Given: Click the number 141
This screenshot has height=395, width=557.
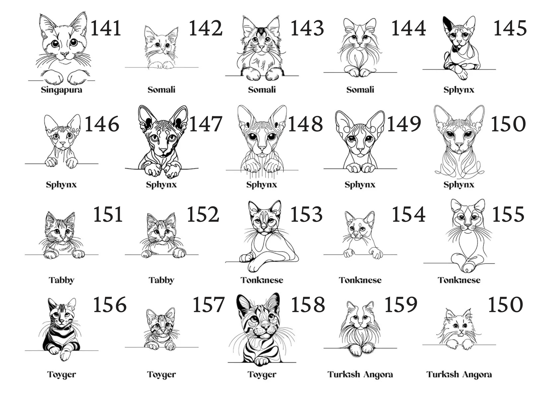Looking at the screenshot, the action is tap(106, 28).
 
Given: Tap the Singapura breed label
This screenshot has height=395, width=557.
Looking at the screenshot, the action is tap(62, 90).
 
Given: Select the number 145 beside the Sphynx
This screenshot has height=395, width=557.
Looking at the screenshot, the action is tap(510, 28).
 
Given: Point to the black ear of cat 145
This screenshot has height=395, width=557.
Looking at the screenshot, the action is tap(447, 24).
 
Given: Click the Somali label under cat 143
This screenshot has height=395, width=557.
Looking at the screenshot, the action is tap(262, 90).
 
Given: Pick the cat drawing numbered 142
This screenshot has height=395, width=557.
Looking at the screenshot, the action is tap(161, 48).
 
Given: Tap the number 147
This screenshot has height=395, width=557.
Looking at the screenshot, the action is tap(206, 124).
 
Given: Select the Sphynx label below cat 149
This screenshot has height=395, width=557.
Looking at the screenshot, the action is tap(360, 185).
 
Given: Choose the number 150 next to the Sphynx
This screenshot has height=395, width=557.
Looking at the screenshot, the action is tap(508, 124).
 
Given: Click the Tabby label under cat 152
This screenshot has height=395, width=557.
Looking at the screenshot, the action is tap(161, 280).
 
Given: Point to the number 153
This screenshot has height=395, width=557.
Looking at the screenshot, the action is tap(306, 214).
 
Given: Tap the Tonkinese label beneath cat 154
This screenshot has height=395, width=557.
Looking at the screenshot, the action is tap(360, 280).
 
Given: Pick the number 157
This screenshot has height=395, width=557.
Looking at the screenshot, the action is tap(208, 305).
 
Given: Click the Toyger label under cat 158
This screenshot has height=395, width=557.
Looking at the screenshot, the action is tap(262, 374).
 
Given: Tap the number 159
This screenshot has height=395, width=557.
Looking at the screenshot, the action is tap(401, 305).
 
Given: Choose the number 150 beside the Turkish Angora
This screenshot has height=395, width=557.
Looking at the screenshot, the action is tap(505, 305).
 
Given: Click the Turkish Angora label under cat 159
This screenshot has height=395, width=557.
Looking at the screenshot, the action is tap(360, 374).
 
